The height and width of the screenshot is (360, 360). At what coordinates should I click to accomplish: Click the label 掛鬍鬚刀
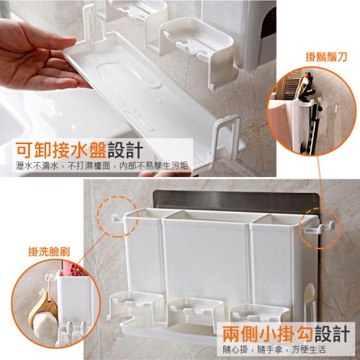point(326,58)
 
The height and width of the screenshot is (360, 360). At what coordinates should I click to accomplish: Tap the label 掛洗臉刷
point(49,252)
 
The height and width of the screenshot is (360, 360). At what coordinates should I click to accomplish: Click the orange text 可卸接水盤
point(61,150)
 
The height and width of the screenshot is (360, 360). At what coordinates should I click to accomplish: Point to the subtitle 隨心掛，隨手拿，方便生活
point(274,349)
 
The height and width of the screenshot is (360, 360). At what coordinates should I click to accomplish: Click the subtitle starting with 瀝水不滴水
point(102,166)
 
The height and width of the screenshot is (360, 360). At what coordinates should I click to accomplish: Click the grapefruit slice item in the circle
point(76,270)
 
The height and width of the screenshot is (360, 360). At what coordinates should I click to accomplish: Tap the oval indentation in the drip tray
point(129,74)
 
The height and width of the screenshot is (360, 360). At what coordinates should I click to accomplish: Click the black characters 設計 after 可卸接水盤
point(125,150)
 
